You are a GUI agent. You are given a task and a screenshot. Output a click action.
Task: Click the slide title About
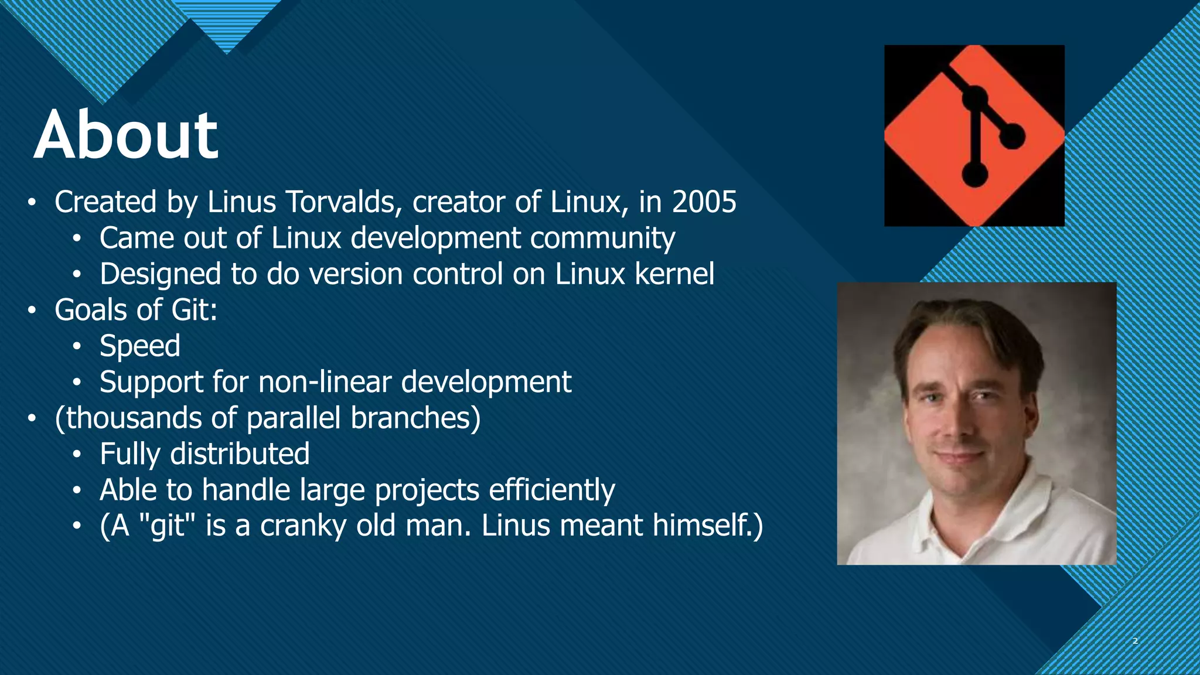click(126, 135)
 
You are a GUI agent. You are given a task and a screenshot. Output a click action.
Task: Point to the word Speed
click(140, 346)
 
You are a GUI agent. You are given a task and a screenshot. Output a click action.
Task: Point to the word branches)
click(415, 418)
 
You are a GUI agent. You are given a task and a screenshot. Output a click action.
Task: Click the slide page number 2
click(1135, 641)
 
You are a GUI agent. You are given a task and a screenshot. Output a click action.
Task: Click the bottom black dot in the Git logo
click(974, 175)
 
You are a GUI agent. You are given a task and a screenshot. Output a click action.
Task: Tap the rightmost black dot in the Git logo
click(1012, 137)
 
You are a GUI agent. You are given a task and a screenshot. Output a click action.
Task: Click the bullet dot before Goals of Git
click(32, 311)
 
